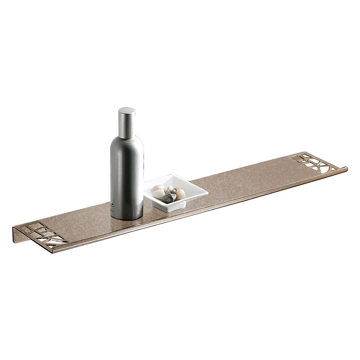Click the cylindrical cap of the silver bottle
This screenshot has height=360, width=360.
[x=126, y=121]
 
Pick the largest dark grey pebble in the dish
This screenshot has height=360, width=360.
[x=169, y=198]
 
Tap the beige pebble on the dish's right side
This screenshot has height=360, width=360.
[x=180, y=193]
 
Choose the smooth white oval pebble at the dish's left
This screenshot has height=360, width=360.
[x=158, y=195]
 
